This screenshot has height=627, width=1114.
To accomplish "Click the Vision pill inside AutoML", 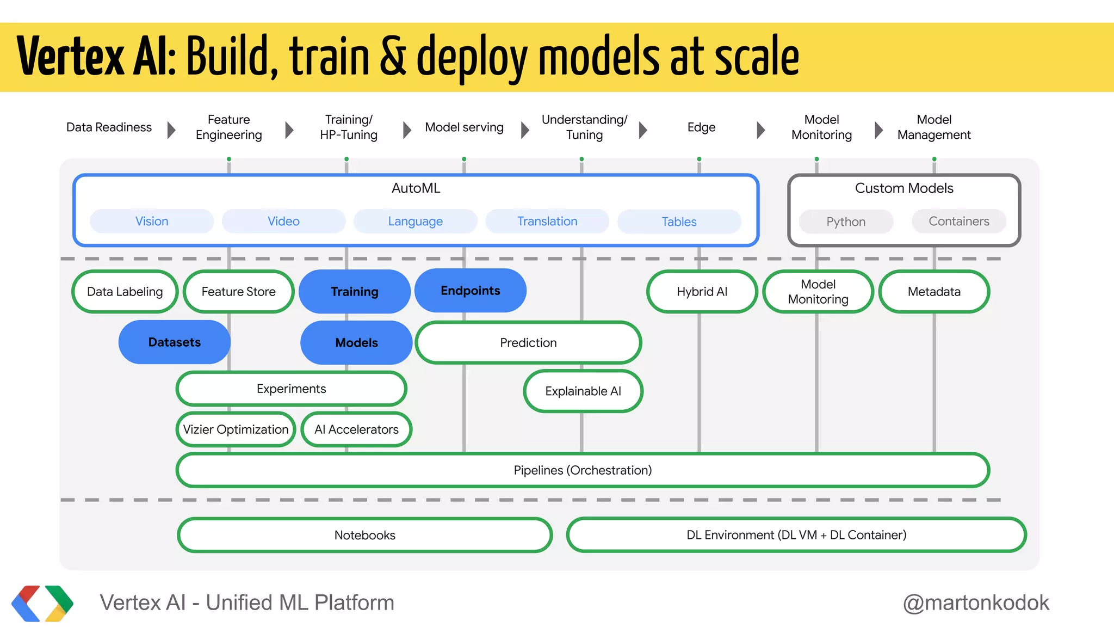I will [x=152, y=222].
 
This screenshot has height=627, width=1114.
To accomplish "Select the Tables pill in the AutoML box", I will [x=679, y=222].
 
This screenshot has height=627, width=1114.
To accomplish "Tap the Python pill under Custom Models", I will [x=846, y=222].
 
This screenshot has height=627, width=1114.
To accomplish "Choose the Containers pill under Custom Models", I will [x=958, y=222].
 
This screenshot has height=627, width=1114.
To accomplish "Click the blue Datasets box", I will [x=174, y=342].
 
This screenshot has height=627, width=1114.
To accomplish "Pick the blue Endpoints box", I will [x=470, y=291].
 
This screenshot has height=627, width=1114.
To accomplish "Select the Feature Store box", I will [x=238, y=292].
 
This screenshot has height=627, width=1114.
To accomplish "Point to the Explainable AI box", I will [x=583, y=391].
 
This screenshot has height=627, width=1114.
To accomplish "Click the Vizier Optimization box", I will [x=236, y=429].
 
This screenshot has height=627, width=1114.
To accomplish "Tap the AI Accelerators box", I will [x=356, y=429].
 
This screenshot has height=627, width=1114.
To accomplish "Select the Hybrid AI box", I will [x=702, y=292].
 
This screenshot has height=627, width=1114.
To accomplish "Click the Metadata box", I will [x=934, y=292].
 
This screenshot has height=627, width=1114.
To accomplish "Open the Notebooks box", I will [x=364, y=535].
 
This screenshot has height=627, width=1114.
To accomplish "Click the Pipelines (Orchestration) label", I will [x=583, y=470].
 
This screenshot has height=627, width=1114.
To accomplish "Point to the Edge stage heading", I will [x=701, y=127].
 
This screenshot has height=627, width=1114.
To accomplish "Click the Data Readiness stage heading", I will [x=109, y=127].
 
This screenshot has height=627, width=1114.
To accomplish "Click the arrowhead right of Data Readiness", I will [x=171, y=130].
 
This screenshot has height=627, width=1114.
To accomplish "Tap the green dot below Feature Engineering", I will [x=229, y=159].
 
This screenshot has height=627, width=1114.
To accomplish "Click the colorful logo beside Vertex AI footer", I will [x=42, y=603].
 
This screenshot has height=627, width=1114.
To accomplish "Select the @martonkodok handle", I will [x=976, y=603].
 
